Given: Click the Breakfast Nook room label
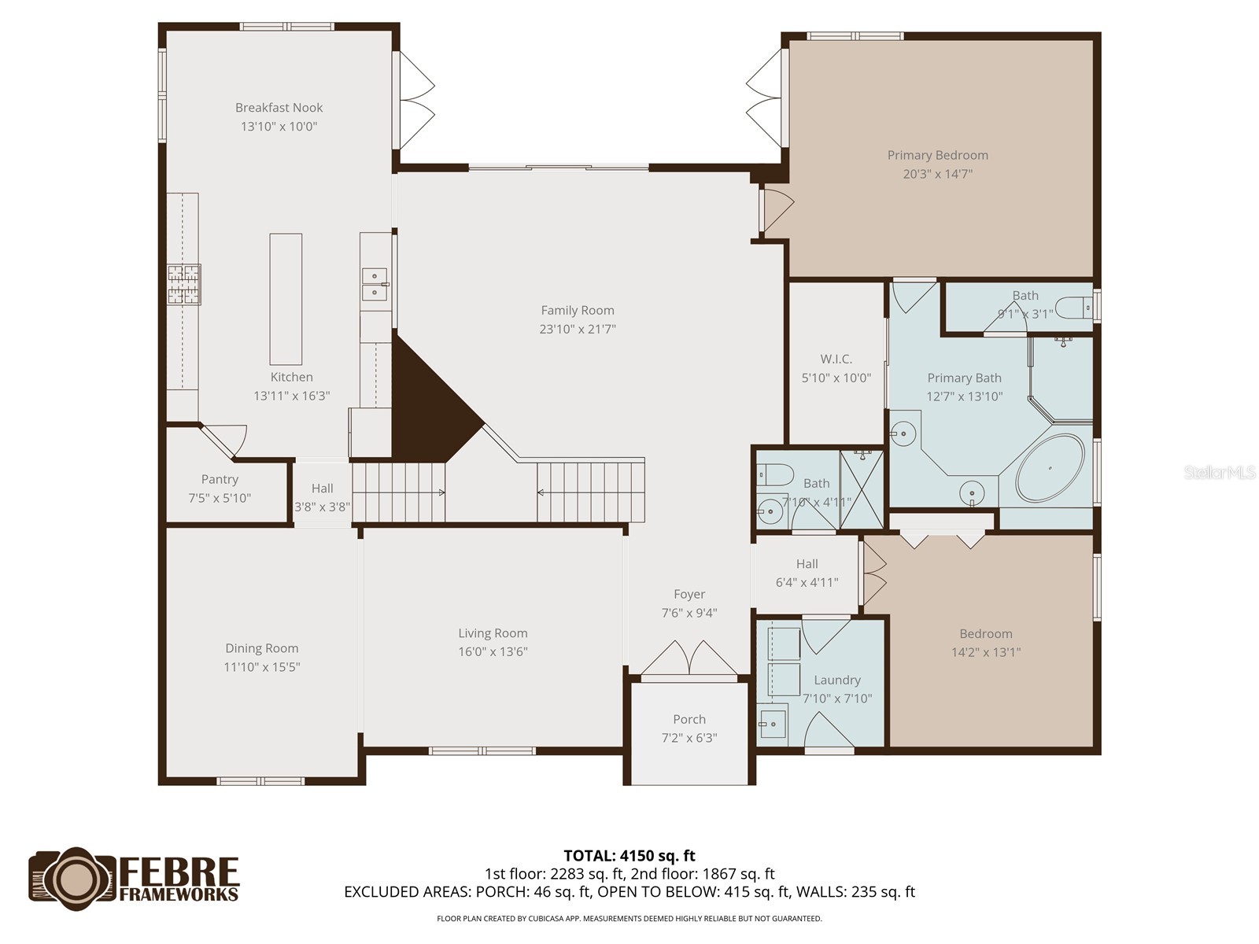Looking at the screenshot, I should pyautogui.click(x=279, y=108).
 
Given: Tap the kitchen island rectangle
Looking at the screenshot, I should pyautogui.click(x=286, y=299).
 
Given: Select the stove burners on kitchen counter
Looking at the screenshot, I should pyautogui.click(x=183, y=284).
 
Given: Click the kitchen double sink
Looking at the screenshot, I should pyautogui.click(x=375, y=284).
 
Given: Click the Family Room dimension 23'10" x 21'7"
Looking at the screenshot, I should pyautogui.click(x=577, y=329).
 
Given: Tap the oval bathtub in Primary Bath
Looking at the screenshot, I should pyautogui.click(x=1050, y=468).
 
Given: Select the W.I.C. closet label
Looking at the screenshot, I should pyautogui.click(x=836, y=359).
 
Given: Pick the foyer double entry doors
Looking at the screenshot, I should pyautogui.click(x=689, y=659).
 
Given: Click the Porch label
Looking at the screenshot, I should pyautogui.click(x=689, y=719).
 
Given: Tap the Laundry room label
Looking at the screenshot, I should pyautogui.click(x=836, y=680).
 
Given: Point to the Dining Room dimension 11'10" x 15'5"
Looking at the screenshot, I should pyautogui.click(x=261, y=667).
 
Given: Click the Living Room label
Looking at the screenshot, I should pyautogui.click(x=493, y=632).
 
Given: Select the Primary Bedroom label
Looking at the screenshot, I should pyautogui.click(x=937, y=155).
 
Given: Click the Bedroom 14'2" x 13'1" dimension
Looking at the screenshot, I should pyautogui.click(x=985, y=652).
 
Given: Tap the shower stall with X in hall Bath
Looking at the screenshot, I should pyautogui.click(x=862, y=489).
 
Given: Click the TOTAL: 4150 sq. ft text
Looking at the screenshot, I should pyautogui.click(x=629, y=855).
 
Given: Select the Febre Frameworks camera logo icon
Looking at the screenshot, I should pyautogui.click(x=73, y=879).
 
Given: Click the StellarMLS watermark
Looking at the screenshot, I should pyautogui.click(x=1219, y=472).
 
